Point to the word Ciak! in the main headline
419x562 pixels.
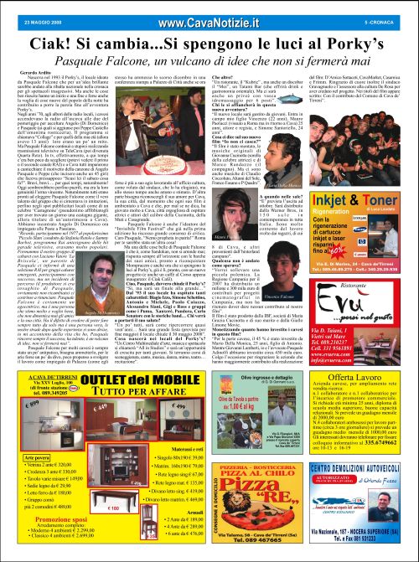point(52,35)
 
